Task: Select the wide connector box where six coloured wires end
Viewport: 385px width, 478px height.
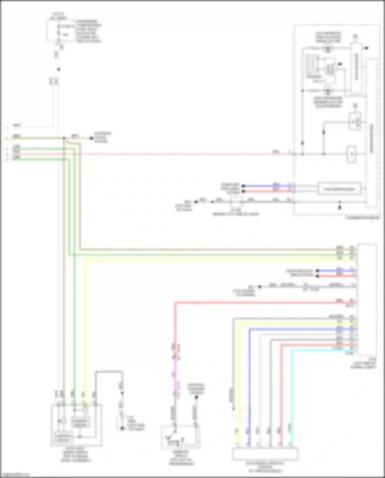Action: click(x=265, y=454)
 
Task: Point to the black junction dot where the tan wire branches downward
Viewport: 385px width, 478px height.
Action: click(x=64, y=138)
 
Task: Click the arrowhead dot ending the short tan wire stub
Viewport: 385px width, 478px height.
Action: click(x=91, y=138)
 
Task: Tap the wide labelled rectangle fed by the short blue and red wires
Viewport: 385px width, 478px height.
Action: click(x=339, y=189)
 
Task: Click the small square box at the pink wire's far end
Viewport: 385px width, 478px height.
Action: click(x=351, y=154)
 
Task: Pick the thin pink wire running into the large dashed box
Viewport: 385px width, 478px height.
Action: click(x=180, y=154)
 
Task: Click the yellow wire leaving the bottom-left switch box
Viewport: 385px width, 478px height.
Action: click(x=85, y=334)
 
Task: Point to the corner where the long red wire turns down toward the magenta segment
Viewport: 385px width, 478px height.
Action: click(x=175, y=303)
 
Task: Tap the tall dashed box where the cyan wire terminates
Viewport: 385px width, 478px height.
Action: click(x=367, y=299)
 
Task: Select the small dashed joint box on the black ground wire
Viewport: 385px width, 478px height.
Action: click(x=236, y=202)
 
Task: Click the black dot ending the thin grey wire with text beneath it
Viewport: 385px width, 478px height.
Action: click(x=259, y=287)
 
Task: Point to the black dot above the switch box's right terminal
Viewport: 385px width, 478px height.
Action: click(x=196, y=397)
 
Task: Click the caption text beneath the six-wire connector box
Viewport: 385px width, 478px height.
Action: click(x=265, y=467)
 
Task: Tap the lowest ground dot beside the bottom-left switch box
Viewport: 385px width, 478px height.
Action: click(x=122, y=428)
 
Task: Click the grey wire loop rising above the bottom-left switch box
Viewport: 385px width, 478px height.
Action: click(x=109, y=371)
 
